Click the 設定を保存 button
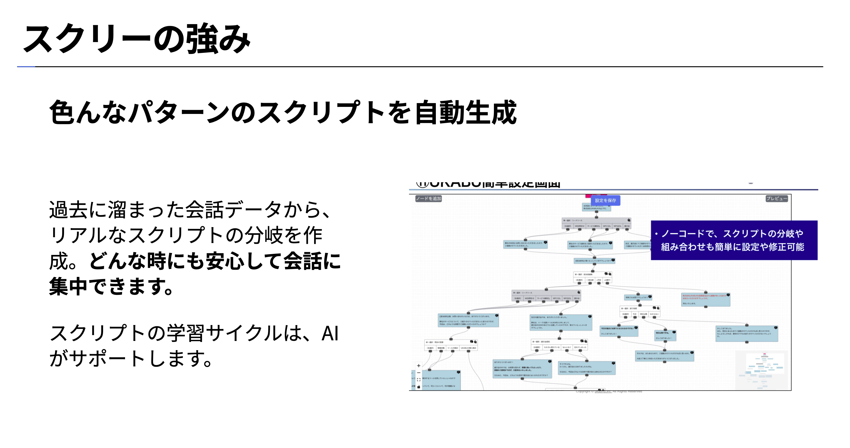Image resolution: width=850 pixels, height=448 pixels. point(605,200)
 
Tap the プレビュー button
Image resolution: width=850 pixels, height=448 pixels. point(776,198)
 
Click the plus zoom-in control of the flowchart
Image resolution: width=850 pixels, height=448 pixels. point(418,366)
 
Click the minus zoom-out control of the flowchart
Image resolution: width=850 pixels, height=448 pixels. point(418,372)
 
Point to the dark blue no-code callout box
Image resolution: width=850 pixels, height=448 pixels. point(734,240)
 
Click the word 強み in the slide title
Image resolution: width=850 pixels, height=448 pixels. point(218,39)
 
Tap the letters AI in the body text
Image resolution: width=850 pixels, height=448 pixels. point(330,333)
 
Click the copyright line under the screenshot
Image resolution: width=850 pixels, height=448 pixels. point(609,392)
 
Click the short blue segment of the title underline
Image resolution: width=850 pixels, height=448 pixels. point(26,67)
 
